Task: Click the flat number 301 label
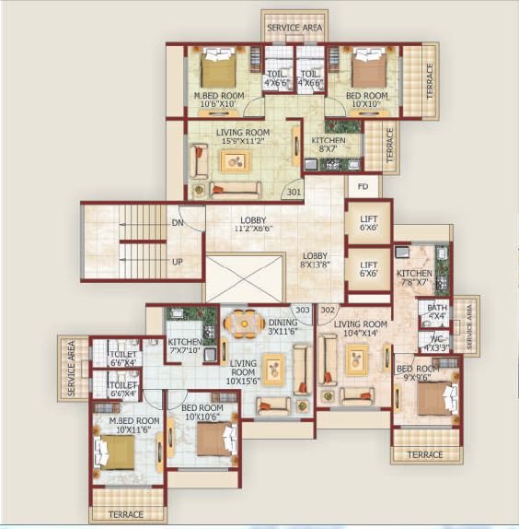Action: [294, 193]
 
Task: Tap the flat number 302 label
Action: [328, 311]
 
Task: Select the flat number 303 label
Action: [302, 311]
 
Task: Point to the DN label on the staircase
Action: [178, 224]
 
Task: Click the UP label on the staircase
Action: [178, 262]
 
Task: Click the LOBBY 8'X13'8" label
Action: [317, 259]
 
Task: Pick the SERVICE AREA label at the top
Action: [294, 29]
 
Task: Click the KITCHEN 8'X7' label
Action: [329, 144]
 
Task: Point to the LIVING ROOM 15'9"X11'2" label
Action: [243, 137]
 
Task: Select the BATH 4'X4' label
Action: [438, 312]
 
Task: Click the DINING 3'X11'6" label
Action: [283, 328]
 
